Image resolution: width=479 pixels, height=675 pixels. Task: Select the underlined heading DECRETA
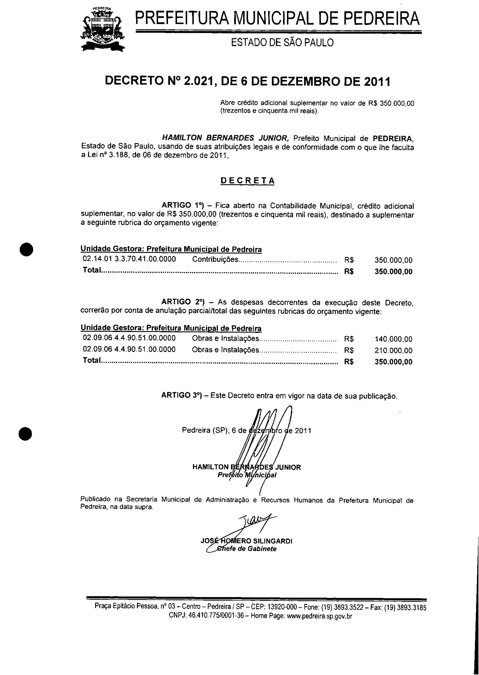click(x=247, y=180)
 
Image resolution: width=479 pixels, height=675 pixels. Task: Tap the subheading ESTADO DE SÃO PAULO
click(x=282, y=43)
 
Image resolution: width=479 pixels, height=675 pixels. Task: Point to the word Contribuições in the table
click(x=215, y=260)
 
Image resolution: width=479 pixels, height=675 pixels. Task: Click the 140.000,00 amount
click(x=393, y=339)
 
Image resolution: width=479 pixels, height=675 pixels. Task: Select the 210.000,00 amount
click(x=393, y=351)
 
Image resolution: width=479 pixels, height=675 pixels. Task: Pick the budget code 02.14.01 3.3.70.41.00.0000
click(x=129, y=259)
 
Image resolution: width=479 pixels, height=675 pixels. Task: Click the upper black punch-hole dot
click(x=26, y=249)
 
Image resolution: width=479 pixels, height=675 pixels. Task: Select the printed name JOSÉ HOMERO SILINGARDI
click(x=246, y=541)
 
